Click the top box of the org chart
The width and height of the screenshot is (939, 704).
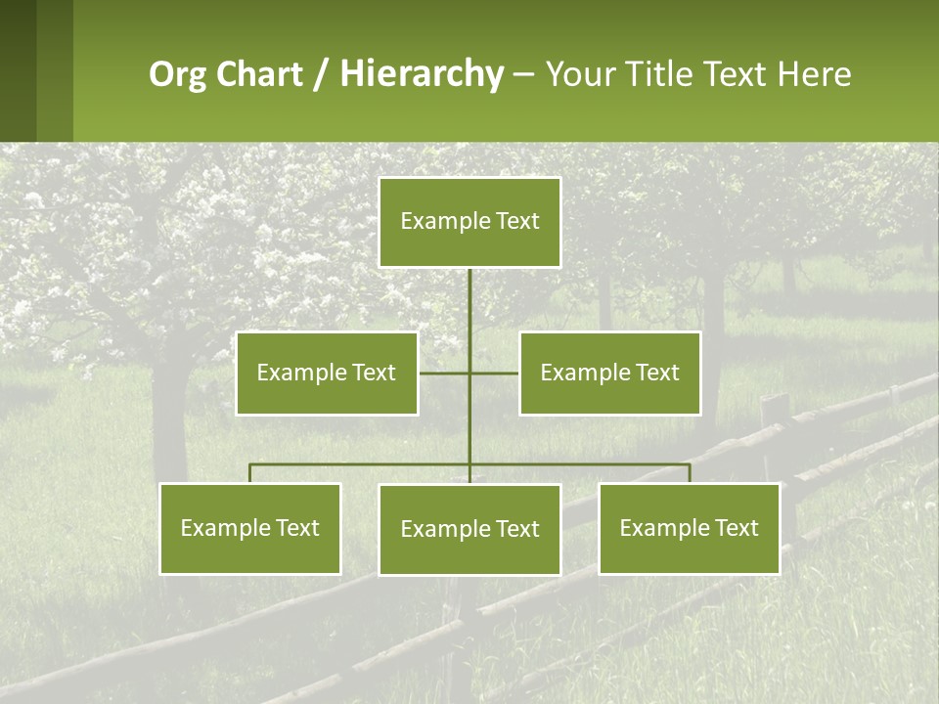tap(469, 222)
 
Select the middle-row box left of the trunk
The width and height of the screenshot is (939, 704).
tap(327, 373)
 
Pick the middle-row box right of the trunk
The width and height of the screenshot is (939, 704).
tap(609, 373)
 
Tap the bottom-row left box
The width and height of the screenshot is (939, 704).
tap(250, 528)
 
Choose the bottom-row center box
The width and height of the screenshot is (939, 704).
tap(469, 529)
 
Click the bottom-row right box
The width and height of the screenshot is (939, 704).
tap(689, 528)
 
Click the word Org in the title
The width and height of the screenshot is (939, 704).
tap(177, 74)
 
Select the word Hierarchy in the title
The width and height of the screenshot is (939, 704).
tap(422, 74)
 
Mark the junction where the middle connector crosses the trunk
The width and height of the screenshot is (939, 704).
tap(469, 373)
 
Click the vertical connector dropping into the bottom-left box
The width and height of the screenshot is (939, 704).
tap(250, 473)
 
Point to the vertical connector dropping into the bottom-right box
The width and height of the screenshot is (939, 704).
tap(690, 473)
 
